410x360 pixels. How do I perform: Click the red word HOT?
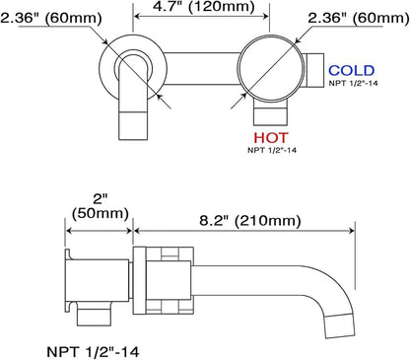click(271, 138)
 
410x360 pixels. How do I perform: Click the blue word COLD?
click(352, 71)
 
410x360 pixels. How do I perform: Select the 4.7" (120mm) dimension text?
click(204, 7)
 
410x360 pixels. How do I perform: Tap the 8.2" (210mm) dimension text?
click(250, 220)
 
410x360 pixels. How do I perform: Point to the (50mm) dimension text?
click(101, 213)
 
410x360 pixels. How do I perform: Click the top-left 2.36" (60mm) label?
click(51, 18)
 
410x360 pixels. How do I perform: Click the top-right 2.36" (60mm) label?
click(359, 18)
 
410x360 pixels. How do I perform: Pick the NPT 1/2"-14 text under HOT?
click(272, 150)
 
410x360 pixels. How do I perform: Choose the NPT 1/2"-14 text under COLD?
click(354, 83)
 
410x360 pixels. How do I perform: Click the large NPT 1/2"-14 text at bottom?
click(93, 352)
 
